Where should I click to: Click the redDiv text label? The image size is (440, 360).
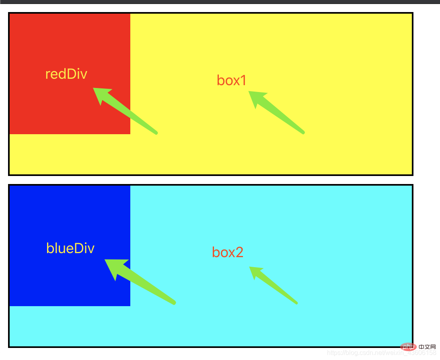pos(66,74)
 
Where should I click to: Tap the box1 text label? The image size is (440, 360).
pos(231,80)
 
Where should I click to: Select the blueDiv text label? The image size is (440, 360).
pos(70,248)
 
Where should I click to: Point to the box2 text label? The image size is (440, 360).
pos(228,252)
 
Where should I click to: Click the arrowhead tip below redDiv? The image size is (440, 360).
pos(94,88)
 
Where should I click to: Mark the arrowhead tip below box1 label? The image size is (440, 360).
pos(249,92)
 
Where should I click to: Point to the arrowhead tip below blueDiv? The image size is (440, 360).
pos(105,260)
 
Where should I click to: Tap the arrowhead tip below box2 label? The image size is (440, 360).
pos(250,267)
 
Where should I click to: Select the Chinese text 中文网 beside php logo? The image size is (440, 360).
pos(427,346)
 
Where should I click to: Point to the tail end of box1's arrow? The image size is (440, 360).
pos(303,132)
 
